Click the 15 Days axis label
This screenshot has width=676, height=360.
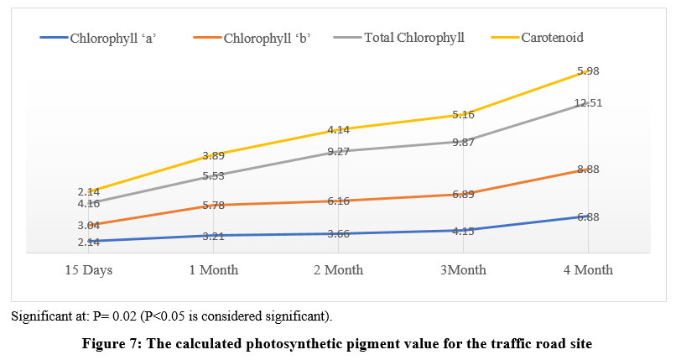pos(89,270)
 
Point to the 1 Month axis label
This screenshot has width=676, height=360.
pos(213,270)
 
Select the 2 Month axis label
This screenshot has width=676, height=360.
pos(338,270)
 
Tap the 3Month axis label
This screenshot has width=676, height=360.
pos(462,270)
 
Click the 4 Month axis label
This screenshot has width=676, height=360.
pos(587,270)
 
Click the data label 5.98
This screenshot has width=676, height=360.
pos(588,70)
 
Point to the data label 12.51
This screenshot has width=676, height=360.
pos(588,103)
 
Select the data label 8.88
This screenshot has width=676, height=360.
pos(588,169)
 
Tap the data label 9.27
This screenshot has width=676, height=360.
pos(339,152)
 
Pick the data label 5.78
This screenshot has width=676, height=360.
pos(214,206)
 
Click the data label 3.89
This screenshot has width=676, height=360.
pos(214,156)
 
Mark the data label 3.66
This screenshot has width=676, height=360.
pos(339,233)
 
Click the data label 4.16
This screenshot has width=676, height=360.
pos(89,203)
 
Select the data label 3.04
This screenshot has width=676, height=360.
pos(89,225)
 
